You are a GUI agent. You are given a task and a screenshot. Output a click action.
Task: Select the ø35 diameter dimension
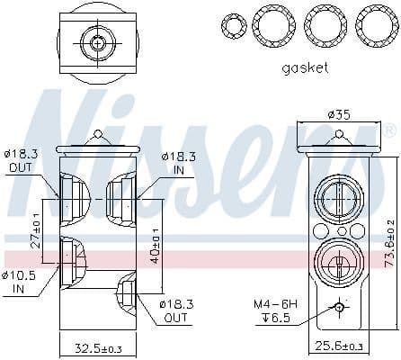pos(337,114)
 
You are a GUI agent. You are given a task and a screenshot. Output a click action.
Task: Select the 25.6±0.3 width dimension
pos(338,346)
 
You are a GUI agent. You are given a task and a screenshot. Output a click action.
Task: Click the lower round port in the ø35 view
pos(338,266)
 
